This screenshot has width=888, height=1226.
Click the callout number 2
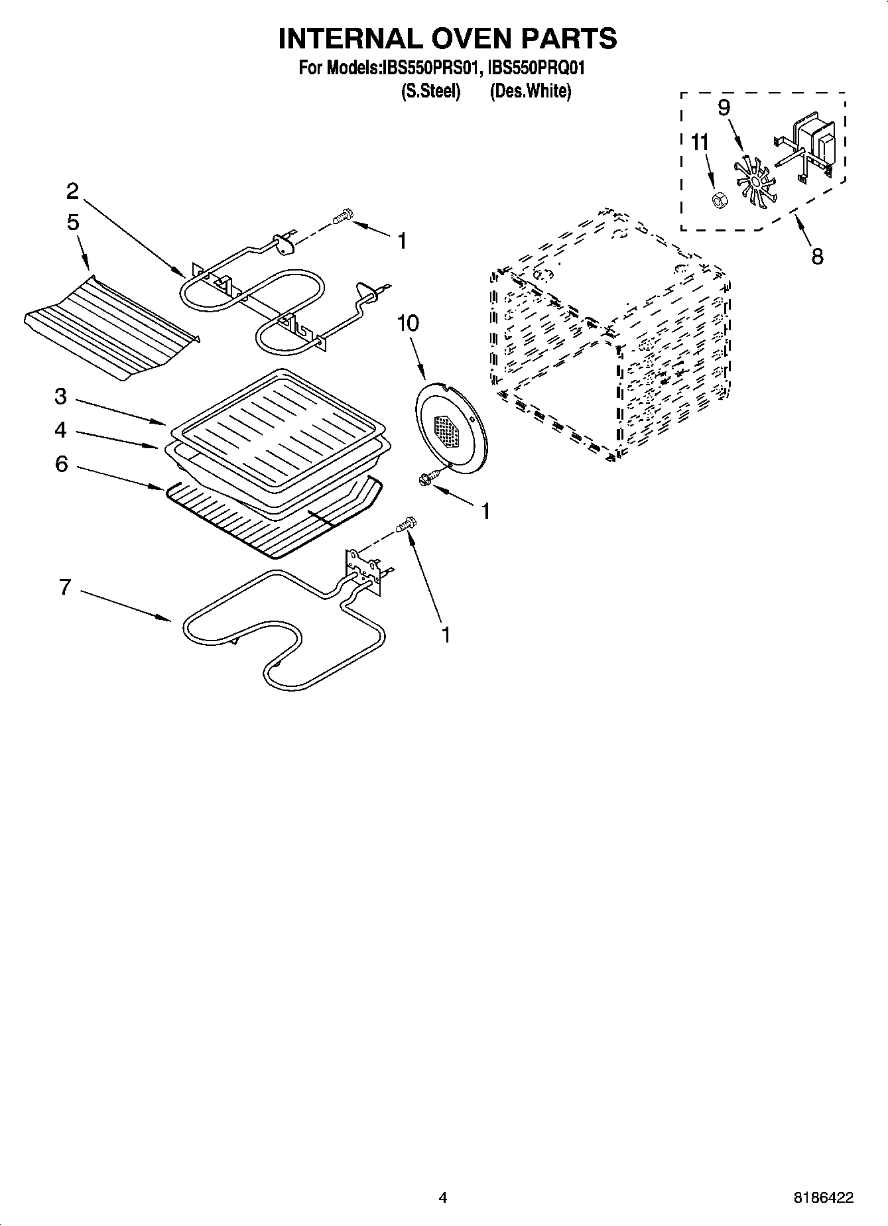pos(72,192)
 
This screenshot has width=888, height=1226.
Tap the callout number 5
pos(72,223)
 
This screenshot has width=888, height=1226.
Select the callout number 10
pos(408,324)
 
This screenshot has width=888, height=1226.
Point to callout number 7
pos(64,587)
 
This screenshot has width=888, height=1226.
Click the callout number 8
pos(817,256)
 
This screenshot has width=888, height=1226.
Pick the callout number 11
pos(700,143)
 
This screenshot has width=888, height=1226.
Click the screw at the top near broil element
pos(343,215)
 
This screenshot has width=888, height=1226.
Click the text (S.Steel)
pos(431,92)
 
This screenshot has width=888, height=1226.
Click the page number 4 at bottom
pos(443,1197)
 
